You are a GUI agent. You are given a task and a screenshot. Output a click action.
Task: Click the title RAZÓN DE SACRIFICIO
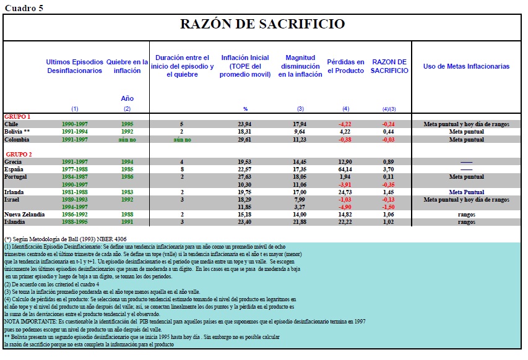click(x=262, y=24)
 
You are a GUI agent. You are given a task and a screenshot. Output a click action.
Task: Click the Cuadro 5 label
click(x=23, y=7)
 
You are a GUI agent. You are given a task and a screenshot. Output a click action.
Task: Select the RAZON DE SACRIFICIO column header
click(x=389, y=66)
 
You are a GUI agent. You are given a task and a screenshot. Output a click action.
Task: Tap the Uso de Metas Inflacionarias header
click(x=466, y=66)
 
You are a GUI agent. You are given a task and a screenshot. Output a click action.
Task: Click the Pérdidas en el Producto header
click(x=345, y=66)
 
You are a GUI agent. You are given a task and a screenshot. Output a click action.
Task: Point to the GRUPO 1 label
click(x=17, y=116)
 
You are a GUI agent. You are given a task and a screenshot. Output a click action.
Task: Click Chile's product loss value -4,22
click(x=345, y=124)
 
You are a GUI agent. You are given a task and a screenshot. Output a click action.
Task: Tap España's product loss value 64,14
click(x=345, y=169)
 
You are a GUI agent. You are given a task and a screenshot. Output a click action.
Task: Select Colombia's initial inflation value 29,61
click(x=246, y=140)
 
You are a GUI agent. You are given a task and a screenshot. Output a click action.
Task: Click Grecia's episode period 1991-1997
click(x=74, y=161)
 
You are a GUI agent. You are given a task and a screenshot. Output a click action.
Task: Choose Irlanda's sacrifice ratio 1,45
click(x=389, y=192)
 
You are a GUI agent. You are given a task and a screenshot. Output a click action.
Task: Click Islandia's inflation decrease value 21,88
click(x=300, y=221)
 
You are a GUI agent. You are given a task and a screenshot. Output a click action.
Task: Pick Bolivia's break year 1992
click(x=127, y=132)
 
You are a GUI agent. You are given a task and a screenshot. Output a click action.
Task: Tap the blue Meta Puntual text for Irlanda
click(x=466, y=192)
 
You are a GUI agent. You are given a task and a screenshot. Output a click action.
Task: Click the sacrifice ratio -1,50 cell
click(x=389, y=207)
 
